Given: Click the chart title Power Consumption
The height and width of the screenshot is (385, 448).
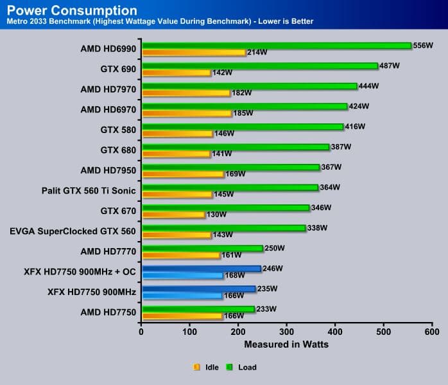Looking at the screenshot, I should [x=71, y=10].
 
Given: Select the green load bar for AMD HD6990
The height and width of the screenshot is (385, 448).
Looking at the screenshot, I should [x=276, y=46].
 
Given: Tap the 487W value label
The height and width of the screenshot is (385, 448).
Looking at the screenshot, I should [x=390, y=66].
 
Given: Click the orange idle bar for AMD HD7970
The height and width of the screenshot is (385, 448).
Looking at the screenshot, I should [x=185, y=93].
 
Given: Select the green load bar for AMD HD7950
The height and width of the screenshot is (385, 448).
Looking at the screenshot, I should [x=230, y=167].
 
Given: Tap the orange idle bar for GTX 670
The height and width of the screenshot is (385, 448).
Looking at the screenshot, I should [x=173, y=215].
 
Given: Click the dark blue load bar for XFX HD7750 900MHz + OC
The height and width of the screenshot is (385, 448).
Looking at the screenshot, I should [x=201, y=269].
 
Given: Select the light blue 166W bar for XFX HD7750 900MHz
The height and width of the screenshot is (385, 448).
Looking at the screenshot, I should [x=182, y=296].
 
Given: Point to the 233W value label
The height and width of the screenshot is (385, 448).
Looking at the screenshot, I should [x=267, y=309].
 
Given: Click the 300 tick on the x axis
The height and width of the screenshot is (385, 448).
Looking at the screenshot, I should [x=287, y=332].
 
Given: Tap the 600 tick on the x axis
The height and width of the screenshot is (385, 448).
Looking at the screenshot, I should [x=432, y=332].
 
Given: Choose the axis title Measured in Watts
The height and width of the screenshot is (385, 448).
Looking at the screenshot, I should [x=286, y=345].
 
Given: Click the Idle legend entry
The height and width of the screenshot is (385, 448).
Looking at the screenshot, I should [x=205, y=368].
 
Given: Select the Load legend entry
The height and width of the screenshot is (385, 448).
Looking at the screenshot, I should [x=241, y=368].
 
